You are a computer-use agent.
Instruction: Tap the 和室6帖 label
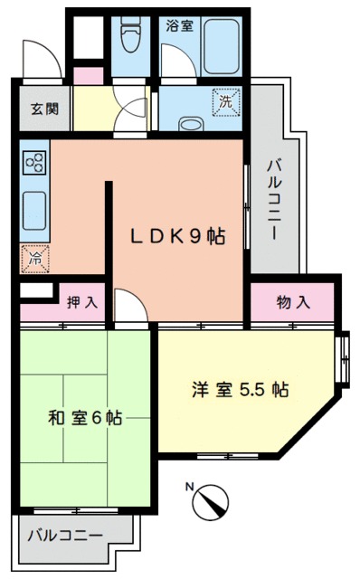pyautogui.click(x=84, y=419)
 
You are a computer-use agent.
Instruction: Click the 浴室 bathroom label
pyautogui.click(x=179, y=26)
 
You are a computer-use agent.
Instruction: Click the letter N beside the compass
pyautogui.click(x=190, y=486)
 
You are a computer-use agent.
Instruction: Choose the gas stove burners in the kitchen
pyautogui.click(x=36, y=163)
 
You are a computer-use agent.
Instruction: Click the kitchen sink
pyautogui.click(x=34, y=211)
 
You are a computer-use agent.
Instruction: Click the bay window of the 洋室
pyautogui.click(x=343, y=361)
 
